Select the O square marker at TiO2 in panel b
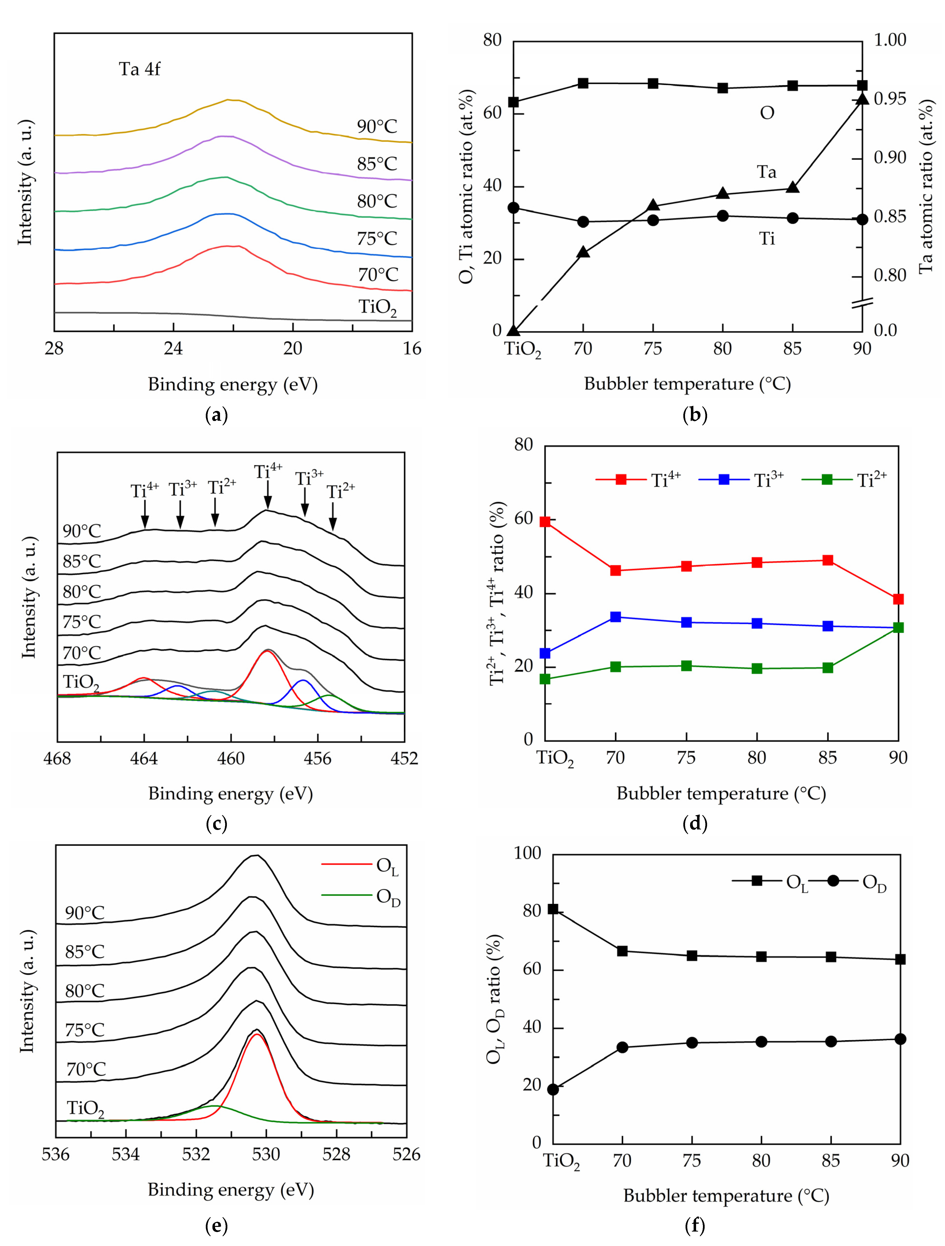513,102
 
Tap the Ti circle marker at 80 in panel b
723,216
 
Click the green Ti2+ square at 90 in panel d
898,628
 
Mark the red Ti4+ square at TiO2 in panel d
545,522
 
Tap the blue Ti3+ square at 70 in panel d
615,617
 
